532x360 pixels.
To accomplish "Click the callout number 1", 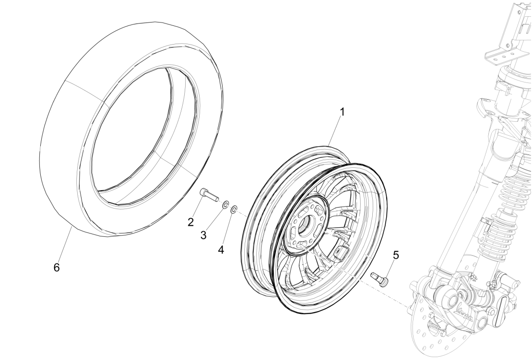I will [x=342, y=112].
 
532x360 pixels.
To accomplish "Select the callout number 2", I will [x=191, y=221].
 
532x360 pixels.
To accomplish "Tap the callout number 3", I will [x=203, y=235].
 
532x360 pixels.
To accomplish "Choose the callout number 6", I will [x=56, y=267].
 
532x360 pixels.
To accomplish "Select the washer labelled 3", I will [x=225, y=206].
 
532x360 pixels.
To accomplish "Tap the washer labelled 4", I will [x=234, y=209].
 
